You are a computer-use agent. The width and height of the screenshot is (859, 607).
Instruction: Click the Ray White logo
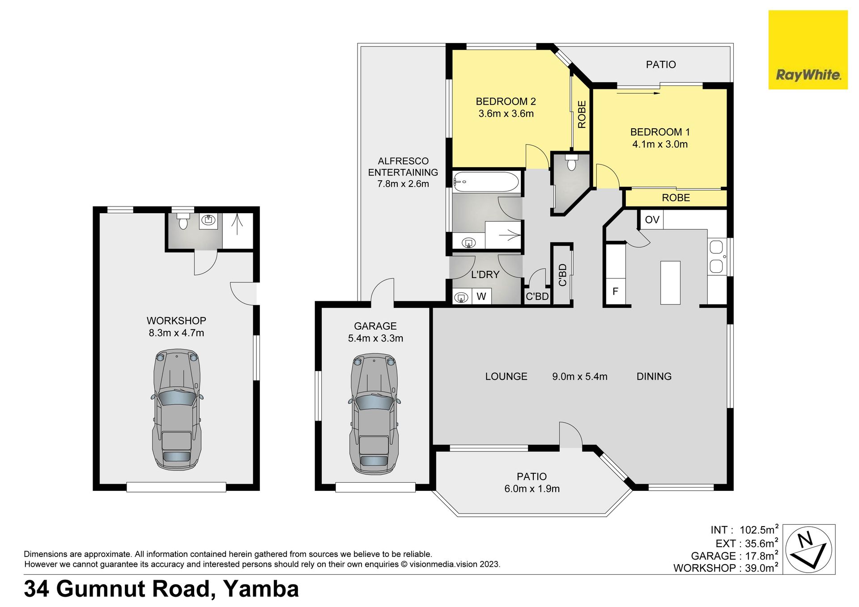click(808, 50)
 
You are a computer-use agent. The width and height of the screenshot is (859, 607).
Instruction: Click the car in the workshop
click(177, 409)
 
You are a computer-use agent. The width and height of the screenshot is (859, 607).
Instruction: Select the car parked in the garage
click(374, 414)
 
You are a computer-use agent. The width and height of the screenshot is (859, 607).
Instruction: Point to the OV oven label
click(652, 219)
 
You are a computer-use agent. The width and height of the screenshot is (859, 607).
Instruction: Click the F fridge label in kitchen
click(615, 291)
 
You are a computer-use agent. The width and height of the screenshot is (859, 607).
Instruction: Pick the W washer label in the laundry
click(481, 296)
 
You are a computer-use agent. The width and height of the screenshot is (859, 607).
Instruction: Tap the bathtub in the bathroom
click(486, 182)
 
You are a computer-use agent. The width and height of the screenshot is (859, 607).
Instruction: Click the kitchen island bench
click(670, 283)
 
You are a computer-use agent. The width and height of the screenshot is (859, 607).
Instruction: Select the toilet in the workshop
click(183, 221)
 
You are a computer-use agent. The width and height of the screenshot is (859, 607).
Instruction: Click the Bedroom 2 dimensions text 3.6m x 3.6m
click(506, 114)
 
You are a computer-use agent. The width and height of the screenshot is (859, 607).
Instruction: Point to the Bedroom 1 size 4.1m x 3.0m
click(660, 144)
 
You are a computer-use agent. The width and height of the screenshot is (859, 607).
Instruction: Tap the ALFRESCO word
click(403, 161)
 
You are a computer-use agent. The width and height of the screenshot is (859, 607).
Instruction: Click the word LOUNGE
click(506, 376)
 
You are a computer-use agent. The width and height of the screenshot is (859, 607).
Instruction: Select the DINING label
click(654, 376)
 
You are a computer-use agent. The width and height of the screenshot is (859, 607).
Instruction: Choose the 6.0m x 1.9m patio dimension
click(532, 489)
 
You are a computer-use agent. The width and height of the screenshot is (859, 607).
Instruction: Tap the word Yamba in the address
click(261, 589)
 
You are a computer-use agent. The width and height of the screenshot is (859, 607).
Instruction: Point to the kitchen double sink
click(716, 257)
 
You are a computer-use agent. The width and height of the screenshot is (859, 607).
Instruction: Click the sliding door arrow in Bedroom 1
click(638, 93)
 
